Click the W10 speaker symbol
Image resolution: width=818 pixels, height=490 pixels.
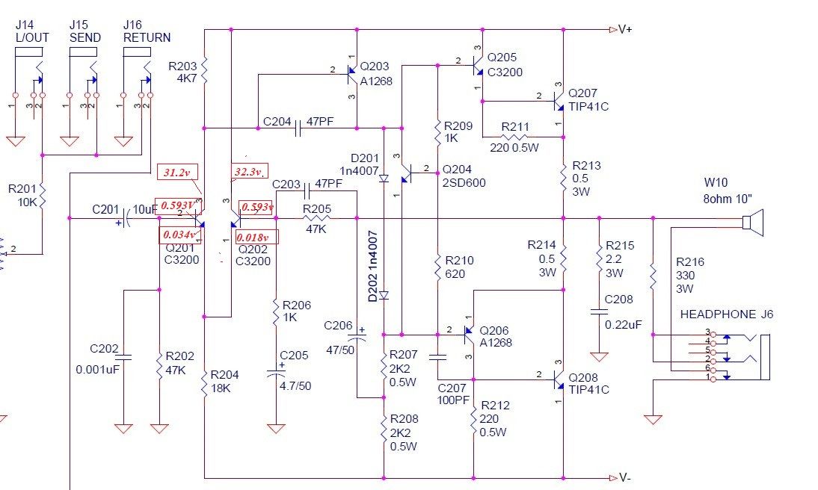753,223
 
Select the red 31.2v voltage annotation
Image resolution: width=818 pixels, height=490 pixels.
177,172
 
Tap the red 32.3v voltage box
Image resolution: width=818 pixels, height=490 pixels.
250,171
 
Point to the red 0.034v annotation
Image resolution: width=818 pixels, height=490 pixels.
179,235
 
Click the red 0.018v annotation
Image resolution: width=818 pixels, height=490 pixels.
256,238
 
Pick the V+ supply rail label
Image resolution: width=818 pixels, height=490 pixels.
626,29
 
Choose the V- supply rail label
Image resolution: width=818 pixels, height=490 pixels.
625,477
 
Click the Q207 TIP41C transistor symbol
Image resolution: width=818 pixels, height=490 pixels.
557,101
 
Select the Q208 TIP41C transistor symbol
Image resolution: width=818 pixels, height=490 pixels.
557,379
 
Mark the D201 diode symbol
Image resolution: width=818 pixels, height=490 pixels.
384,179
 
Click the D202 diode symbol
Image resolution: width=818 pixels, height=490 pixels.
384,296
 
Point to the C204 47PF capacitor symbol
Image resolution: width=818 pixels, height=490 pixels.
298,128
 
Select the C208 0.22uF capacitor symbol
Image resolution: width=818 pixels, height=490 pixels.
599,311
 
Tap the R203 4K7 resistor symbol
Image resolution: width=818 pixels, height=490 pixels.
204,70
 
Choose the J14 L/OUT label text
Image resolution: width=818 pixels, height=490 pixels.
32,31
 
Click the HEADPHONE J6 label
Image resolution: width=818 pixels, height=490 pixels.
726,314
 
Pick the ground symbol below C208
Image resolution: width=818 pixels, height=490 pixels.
599,356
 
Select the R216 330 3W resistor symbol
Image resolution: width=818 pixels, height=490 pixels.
653,276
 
